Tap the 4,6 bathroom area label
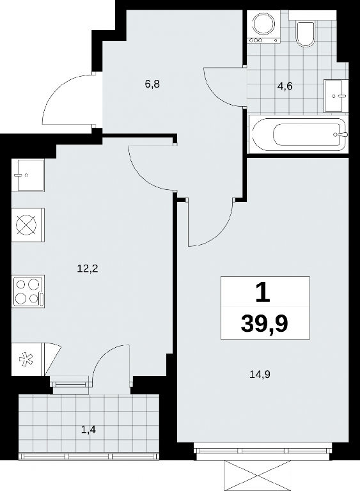coord(285,86)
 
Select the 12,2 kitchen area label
coord(88,269)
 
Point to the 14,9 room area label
coord(260,374)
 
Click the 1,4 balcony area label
coord(88,430)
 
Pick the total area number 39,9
coord(265,324)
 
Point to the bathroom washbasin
coord(336,96)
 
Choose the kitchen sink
coord(27,175)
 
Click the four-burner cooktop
coord(28,292)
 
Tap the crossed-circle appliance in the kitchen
coord(28,225)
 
